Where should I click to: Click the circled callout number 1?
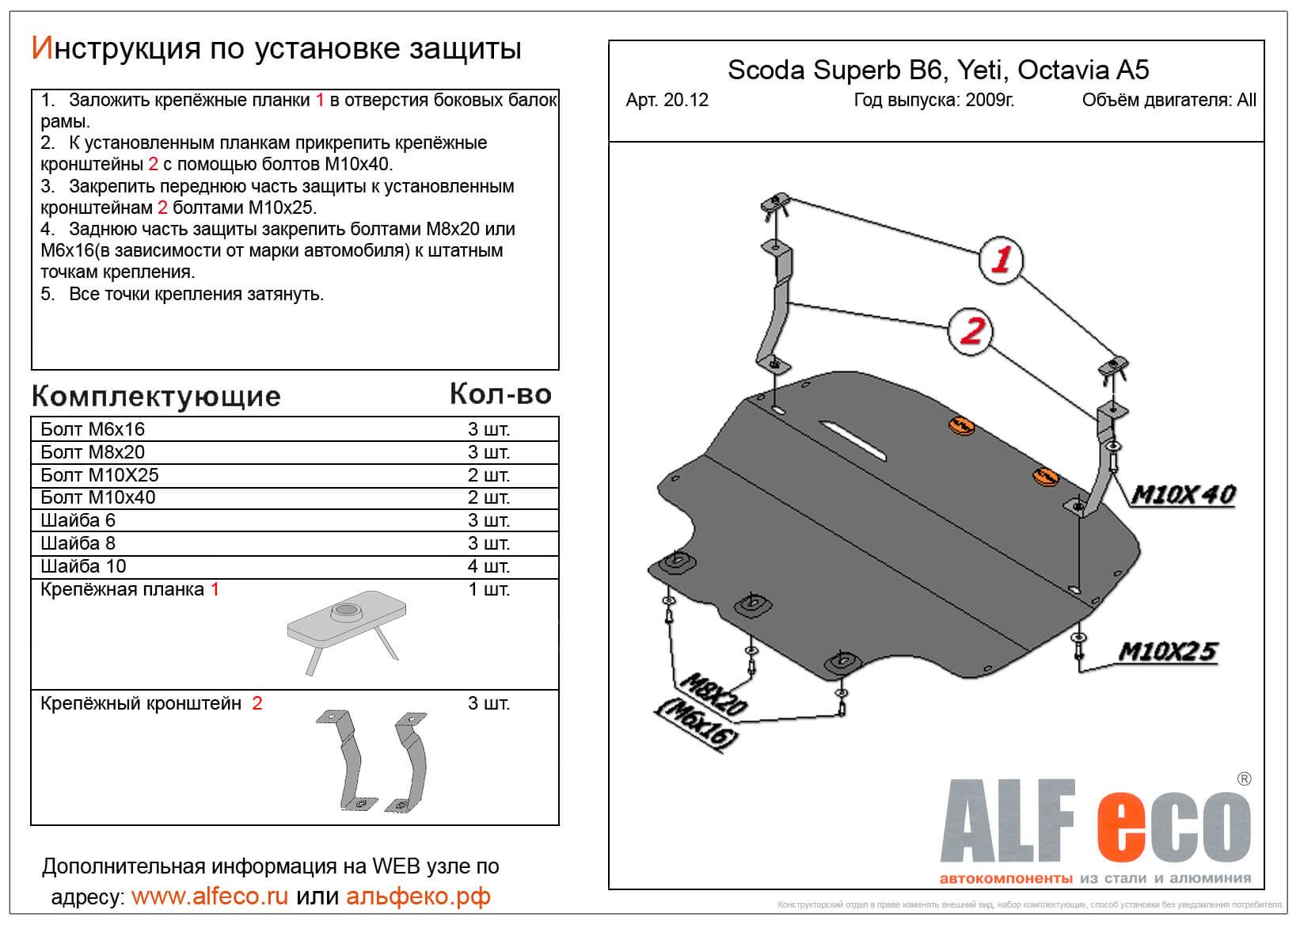pyautogui.click(x=1001, y=260)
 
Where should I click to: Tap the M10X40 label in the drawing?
pyautogui.click(x=1183, y=495)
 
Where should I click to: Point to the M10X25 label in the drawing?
pyautogui.click(x=1167, y=651)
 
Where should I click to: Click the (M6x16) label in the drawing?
pyautogui.click(x=696, y=725)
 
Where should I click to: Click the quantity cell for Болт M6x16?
pyautogui.click(x=488, y=430)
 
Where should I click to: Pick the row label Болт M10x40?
pyautogui.click(x=98, y=497)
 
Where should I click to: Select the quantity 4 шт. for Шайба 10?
pyautogui.click(x=488, y=566)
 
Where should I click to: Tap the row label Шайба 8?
pyautogui.click(x=78, y=543)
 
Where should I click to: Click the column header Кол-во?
pyautogui.click(x=500, y=394)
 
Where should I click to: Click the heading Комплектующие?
pyautogui.click(x=156, y=396)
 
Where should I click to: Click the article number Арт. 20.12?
pyautogui.click(x=667, y=101)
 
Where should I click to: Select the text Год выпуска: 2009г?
pyautogui.click(x=933, y=101)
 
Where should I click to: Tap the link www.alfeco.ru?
pyautogui.click(x=209, y=896)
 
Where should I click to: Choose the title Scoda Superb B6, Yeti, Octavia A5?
pyautogui.click(x=938, y=70)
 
